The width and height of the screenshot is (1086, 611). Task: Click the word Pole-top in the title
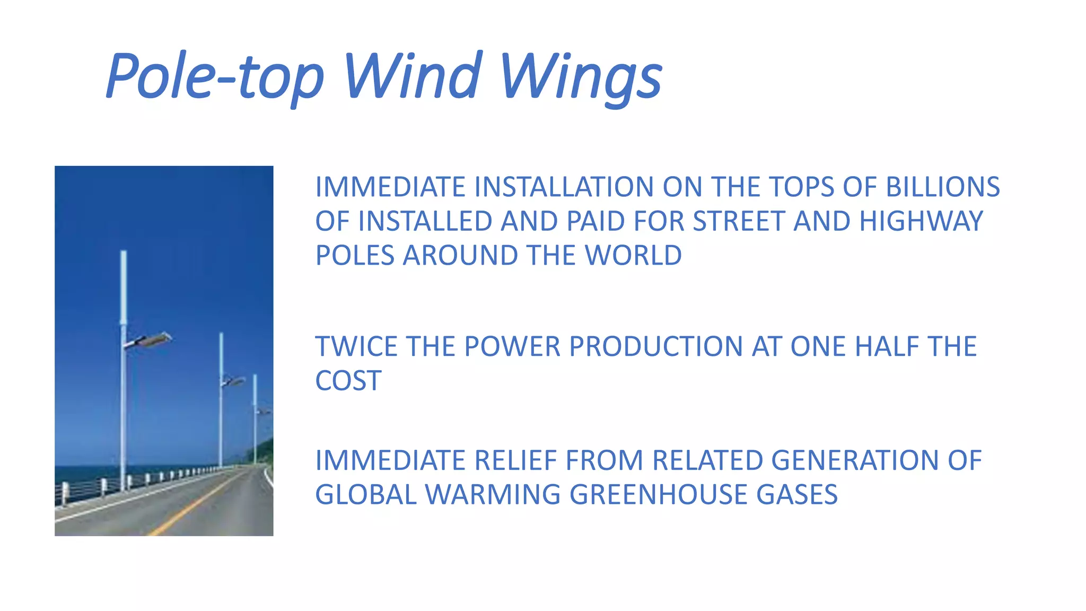pos(215,77)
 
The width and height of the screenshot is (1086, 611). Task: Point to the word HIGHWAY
pos(921,221)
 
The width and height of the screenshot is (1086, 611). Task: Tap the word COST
pos(348,381)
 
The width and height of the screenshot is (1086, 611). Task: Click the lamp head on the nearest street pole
pos(154,339)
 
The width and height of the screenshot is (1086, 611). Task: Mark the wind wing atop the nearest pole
pos(124,286)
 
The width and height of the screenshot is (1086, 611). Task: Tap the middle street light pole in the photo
pos(221,403)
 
